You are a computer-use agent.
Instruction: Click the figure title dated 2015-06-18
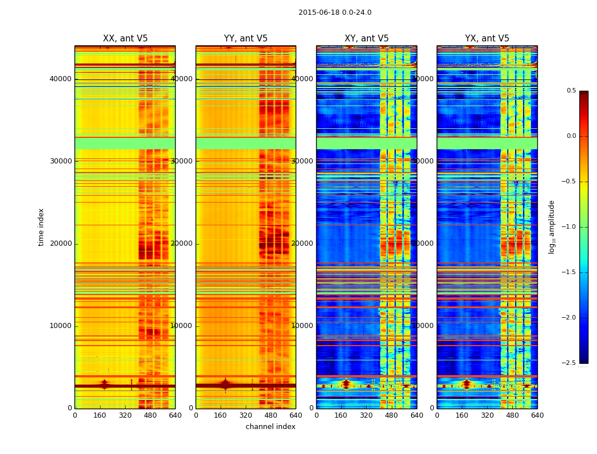[335, 12]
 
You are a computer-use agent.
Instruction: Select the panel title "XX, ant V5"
[125, 39]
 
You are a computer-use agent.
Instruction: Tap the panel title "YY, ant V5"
[246, 39]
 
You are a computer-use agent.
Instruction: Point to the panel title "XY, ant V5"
[367, 39]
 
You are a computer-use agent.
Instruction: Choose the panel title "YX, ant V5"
[487, 39]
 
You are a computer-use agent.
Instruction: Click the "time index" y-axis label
[41, 227]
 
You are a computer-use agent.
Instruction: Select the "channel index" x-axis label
[271, 427]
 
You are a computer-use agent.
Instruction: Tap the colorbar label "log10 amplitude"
[552, 227]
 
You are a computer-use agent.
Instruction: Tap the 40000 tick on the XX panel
[60, 79]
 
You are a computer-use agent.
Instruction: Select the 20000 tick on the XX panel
[60, 243]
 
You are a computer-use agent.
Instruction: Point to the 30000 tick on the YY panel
[181, 161]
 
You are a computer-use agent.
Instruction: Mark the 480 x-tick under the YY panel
[271, 415]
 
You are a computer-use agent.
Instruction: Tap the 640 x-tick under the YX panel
[537, 415]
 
